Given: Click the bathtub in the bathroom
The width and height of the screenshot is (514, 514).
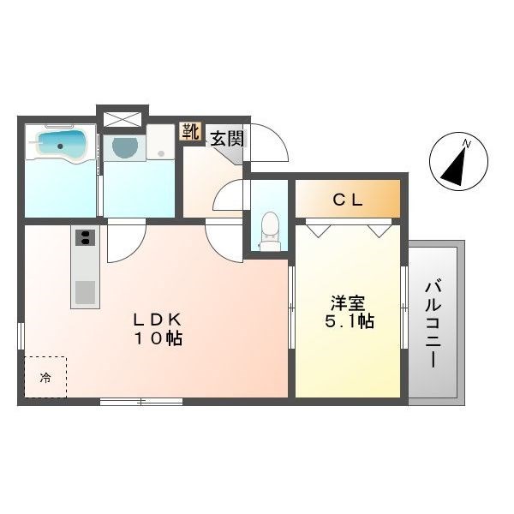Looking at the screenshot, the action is tap(61, 146).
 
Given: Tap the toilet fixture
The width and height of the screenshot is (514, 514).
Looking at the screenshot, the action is tap(270, 231).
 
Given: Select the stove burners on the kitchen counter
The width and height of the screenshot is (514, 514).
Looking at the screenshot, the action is tap(85, 237).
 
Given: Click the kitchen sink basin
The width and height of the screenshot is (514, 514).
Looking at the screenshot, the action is tap(85, 292).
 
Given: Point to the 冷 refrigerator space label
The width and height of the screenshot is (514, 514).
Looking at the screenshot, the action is tap(45, 378).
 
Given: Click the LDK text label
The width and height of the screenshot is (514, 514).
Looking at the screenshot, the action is tap(158, 319).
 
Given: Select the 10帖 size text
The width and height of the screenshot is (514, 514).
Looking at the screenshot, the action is tap(158, 338).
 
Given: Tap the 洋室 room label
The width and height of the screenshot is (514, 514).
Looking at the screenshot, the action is tap(348, 302).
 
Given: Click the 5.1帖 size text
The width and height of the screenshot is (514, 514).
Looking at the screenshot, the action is tap(350, 321).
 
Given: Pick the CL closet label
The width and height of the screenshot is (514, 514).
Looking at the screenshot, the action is tap(348, 200).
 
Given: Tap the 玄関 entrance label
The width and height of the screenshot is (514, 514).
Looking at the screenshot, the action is tap(227, 139).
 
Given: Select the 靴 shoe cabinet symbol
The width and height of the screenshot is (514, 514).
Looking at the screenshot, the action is tap(191, 132).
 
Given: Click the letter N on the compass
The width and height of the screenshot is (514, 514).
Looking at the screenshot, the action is tap(467, 144).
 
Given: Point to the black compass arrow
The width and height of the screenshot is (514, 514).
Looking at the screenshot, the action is tap(454, 168).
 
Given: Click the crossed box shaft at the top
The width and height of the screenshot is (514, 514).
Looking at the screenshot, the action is tap(123, 119).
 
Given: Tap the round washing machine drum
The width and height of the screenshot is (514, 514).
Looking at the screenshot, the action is tap(124, 146).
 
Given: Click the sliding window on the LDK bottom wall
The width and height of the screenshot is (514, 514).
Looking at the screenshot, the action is tap(141, 401).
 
